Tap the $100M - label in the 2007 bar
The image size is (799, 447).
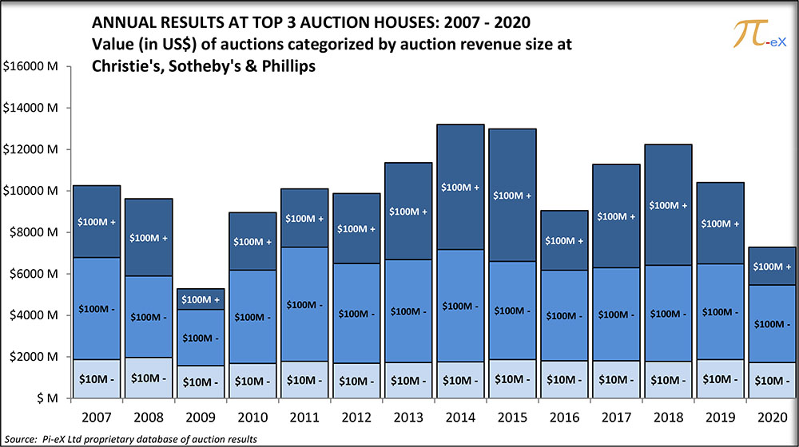pyautogui.click(x=97, y=308)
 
